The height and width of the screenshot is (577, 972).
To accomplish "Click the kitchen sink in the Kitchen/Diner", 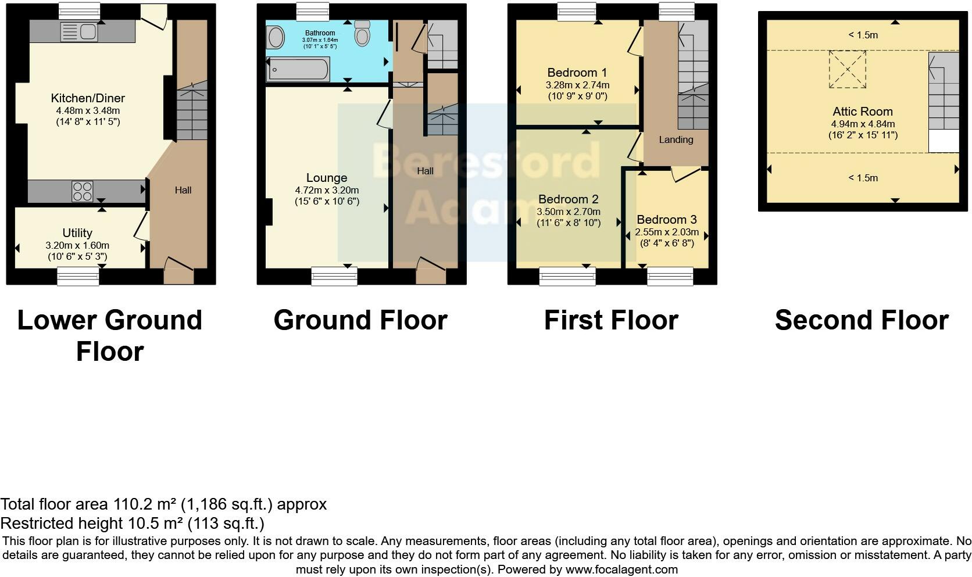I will (78, 32).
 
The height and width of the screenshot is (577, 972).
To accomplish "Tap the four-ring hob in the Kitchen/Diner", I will (83, 192).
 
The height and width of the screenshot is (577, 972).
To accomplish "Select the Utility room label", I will (77, 233).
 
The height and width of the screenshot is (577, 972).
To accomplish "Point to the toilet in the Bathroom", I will (363, 34).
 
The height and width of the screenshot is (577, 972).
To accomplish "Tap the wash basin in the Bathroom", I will (276, 38).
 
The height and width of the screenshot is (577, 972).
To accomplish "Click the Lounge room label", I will (327, 178).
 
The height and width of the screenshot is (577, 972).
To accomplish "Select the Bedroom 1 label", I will (577, 73).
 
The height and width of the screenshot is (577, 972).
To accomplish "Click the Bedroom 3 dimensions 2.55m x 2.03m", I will (666, 232).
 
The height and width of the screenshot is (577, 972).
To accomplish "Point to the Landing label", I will (676, 139).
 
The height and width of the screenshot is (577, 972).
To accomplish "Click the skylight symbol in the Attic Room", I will (847, 69).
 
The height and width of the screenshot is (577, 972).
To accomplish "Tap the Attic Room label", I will (862, 112).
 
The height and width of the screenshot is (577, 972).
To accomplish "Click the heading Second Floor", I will (862, 320).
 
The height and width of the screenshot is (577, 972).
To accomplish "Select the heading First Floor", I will (611, 320).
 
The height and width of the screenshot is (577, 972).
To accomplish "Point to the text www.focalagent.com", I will (621, 569).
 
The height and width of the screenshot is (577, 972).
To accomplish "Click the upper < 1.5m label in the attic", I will (863, 35).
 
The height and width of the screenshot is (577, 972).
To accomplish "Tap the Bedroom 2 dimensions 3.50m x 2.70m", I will (569, 212).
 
